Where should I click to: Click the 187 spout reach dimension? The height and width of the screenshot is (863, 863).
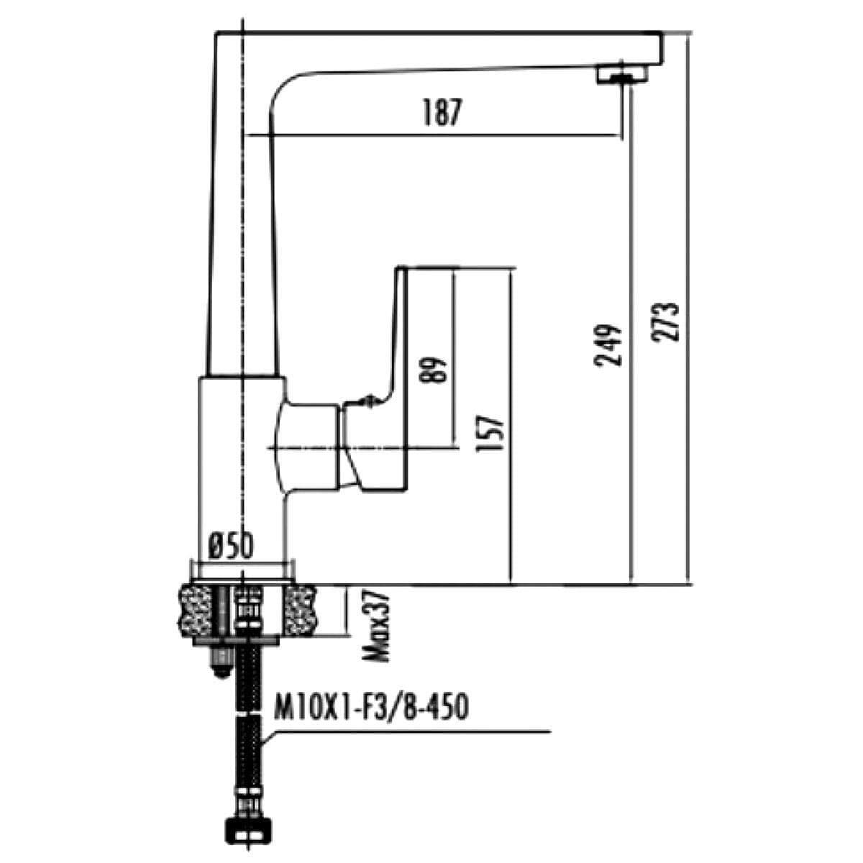tap(439, 114)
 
